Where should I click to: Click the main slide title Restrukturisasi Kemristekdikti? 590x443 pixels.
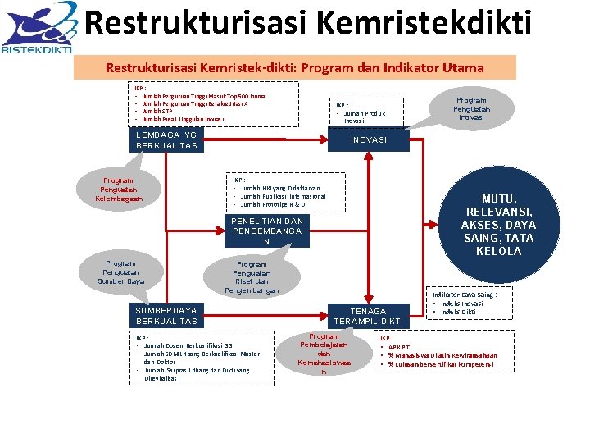[308, 24]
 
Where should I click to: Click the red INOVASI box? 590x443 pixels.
[369, 139]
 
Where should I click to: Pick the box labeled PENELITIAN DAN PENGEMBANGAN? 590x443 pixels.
[267, 231]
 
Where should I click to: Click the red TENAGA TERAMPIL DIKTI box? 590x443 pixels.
[369, 316]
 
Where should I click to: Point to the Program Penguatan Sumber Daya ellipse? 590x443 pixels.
[120, 272]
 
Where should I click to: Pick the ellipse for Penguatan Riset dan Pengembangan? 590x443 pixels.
[252, 277]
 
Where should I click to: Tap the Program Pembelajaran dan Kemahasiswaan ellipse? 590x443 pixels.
[324, 354]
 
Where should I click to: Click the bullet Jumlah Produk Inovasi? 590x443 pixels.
[361, 116]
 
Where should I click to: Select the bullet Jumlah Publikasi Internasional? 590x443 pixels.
[283, 196]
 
